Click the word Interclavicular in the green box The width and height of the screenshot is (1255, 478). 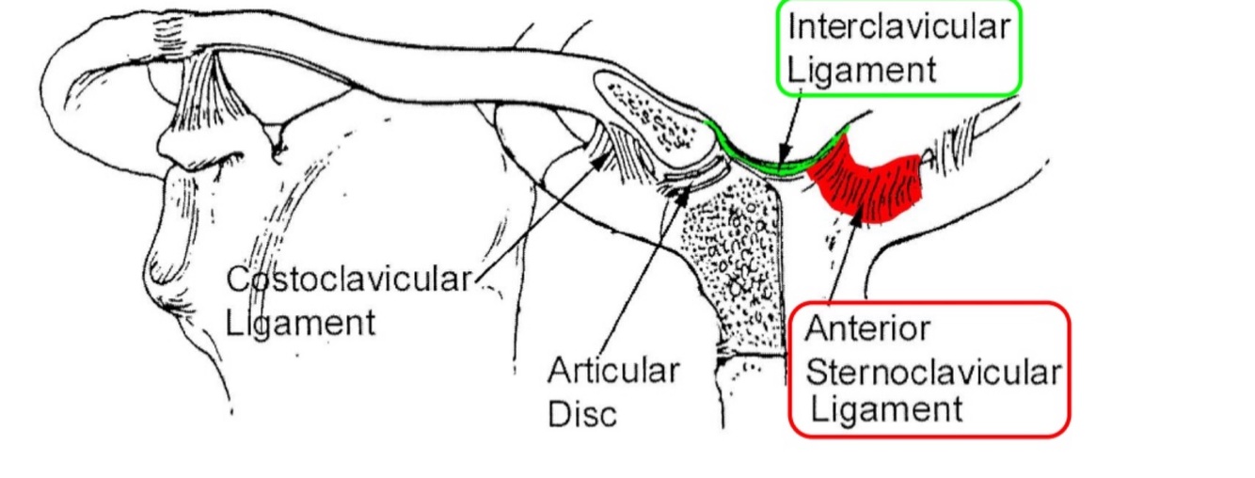coord(898,26)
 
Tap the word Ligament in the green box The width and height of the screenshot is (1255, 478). coord(863,70)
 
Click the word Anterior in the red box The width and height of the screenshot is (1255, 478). coord(866,328)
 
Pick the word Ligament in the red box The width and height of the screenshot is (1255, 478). coord(885,410)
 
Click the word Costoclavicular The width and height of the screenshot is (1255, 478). coord(348,279)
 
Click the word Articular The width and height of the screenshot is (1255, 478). coord(612,370)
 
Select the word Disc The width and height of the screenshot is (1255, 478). coord(583,412)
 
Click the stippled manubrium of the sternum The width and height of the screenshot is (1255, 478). coord(734,263)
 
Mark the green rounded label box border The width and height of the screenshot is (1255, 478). coord(1020,47)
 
